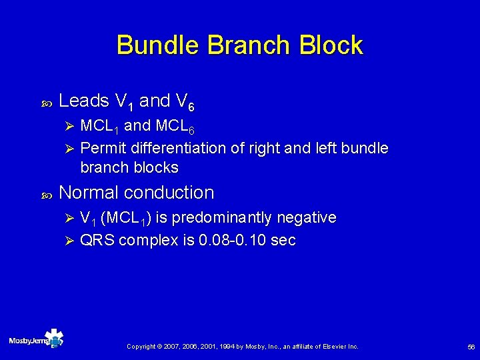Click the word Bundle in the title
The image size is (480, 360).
click(x=158, y=45)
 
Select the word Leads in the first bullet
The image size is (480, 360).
click(x=84, y=101)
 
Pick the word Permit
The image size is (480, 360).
click(x=104, y=147)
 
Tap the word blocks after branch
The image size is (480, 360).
click(x=153, y=167)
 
